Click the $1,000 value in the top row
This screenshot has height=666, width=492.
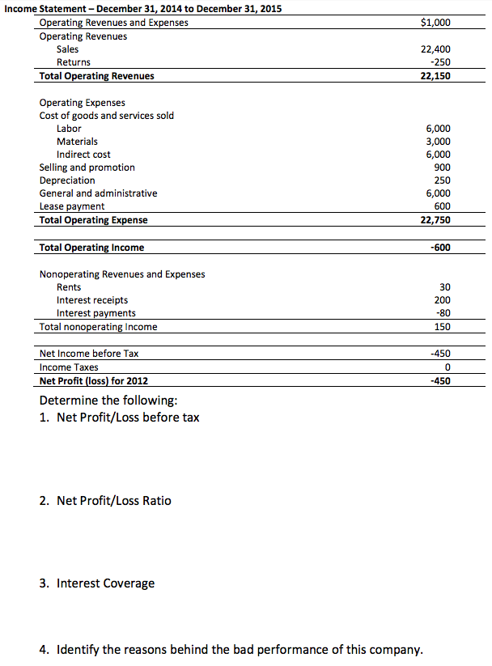click(436, 23)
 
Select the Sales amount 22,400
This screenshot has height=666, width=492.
click(437, 49)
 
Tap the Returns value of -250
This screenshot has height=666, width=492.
click(441, 62)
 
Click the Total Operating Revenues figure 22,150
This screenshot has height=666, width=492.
click(437, 76)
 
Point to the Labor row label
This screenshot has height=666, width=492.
click(69, 129)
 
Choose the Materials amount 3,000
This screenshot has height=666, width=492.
click(439, 142)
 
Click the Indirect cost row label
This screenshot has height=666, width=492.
click(83, 155)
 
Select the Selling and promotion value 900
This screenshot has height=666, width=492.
click(443, 168)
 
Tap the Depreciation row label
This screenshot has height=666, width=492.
click(67, 180)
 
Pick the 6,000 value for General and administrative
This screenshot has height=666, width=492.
click(439, 193)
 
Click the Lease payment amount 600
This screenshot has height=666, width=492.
click(443, 206)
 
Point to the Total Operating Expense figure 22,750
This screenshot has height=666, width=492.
click(437, 220)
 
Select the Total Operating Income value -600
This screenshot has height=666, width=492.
click(441, 248)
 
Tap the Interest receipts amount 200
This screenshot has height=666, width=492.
click(443, 300)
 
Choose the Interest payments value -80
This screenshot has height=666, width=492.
click(443, 313)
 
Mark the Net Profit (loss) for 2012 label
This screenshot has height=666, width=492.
click(94, 380)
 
